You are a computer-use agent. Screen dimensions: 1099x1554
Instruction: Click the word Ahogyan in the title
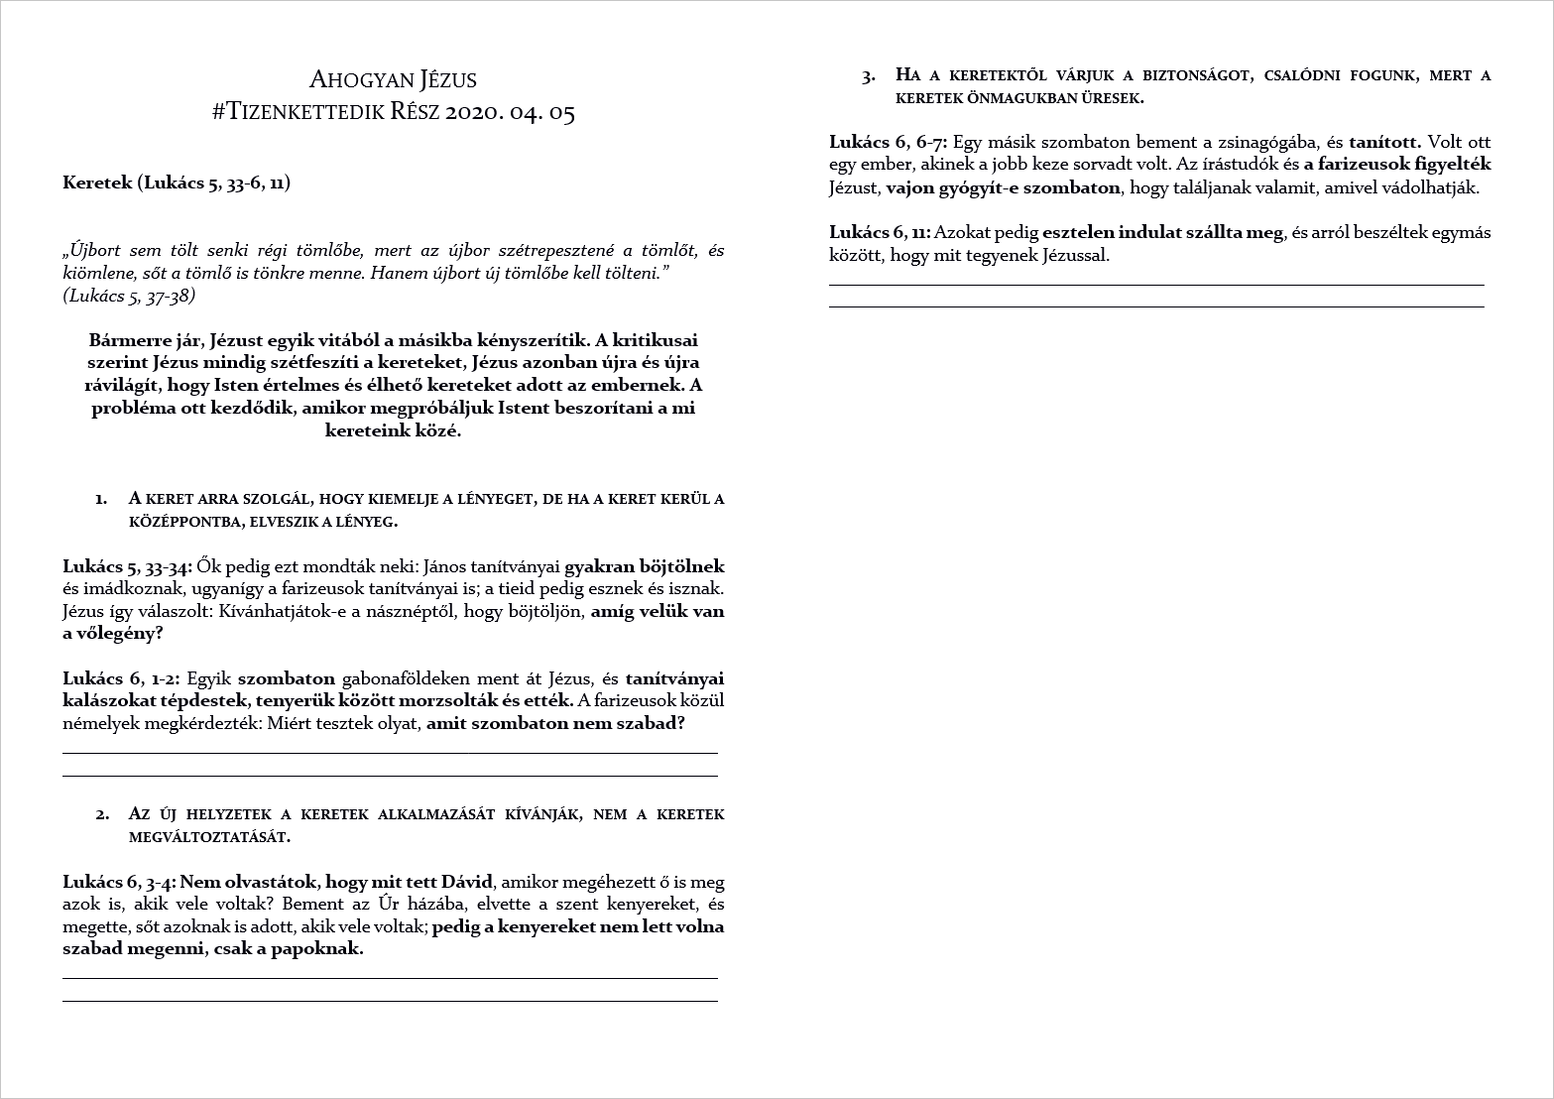tap(350, 79)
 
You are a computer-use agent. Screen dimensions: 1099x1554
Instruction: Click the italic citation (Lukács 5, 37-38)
tap(129, 295)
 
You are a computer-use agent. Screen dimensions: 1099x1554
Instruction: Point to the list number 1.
tap(101, 498)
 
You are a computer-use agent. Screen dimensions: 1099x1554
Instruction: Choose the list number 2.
tap(102, 814)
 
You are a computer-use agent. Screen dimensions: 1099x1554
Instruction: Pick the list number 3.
tap(869, 75)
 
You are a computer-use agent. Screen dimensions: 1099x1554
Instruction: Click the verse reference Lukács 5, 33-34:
tap(128, 567)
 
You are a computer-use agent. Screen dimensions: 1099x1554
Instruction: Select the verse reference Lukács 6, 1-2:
tap(121, 678)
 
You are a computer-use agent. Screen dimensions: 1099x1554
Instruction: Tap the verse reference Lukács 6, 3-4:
tap(120, 882)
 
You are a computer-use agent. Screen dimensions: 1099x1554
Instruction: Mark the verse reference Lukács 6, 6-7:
tap(889, 142)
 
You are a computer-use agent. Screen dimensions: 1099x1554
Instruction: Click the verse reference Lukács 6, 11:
tap(880, 233)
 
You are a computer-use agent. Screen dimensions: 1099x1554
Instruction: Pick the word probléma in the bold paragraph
tap(129, 409)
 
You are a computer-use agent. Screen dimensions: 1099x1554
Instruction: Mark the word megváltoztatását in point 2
tap(209, 837)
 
